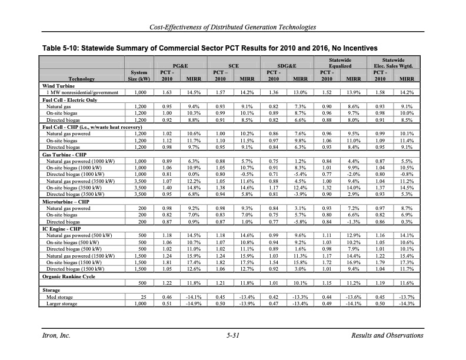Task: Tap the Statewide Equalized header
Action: pos(339,62)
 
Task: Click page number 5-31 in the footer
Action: pos(234,335)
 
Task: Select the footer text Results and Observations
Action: pos(386,335)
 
